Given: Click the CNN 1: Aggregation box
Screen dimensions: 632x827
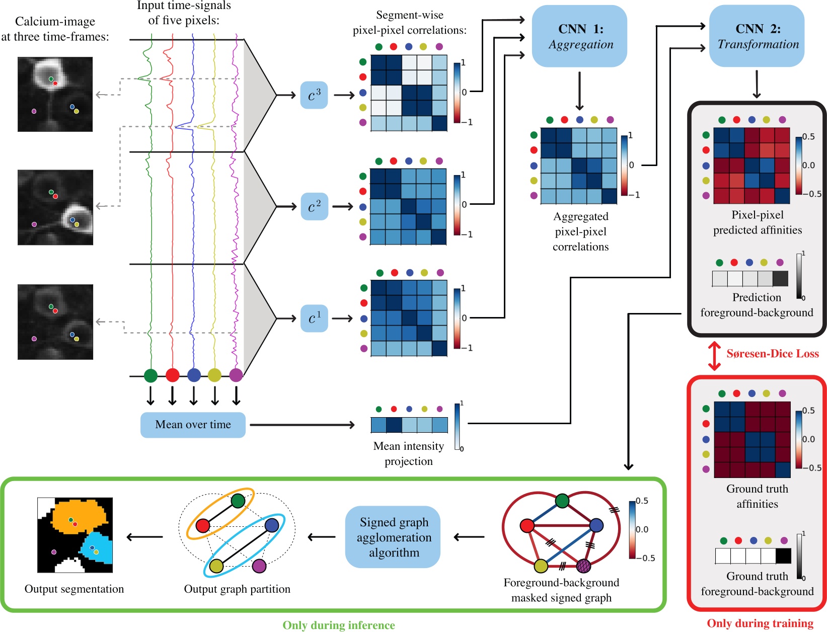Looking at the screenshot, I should (579, 36).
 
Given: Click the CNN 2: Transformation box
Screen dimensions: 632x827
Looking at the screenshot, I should (757, 36).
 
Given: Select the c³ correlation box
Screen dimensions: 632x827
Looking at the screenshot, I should (314, 95).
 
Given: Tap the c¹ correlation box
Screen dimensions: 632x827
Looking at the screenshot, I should (314, 319).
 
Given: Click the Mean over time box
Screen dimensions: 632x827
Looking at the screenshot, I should (193, 425).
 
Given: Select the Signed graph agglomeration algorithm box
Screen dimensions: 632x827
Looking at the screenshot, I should (393, 537).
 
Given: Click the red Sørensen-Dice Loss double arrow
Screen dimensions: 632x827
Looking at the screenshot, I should (714, 356).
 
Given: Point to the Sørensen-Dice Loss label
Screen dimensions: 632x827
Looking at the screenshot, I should (772, 354).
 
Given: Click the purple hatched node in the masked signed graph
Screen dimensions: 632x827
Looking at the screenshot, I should (583, 566).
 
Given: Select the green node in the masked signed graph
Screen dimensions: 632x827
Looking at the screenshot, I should (562, 501).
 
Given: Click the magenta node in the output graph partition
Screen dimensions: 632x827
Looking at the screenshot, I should (259, 566).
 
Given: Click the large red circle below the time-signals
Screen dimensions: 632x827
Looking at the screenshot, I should (172, 375).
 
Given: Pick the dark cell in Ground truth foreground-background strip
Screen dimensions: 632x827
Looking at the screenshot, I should (783, 556).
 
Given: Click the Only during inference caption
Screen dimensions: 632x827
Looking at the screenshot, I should (338, 625).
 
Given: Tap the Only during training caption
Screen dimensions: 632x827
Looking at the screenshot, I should (760, 623).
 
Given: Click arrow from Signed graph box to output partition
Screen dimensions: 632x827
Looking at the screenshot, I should (322, 537).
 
